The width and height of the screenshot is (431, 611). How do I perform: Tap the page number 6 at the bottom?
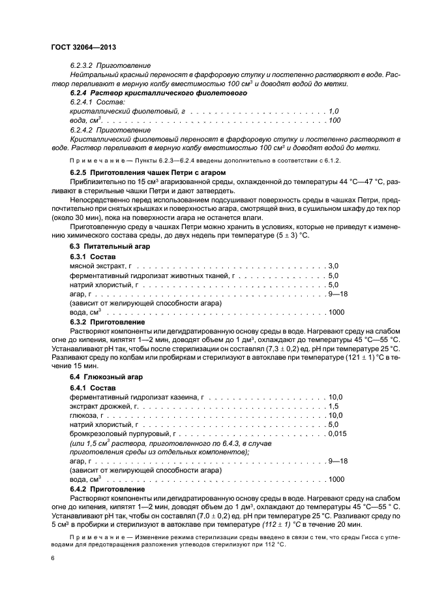click(53, 559)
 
